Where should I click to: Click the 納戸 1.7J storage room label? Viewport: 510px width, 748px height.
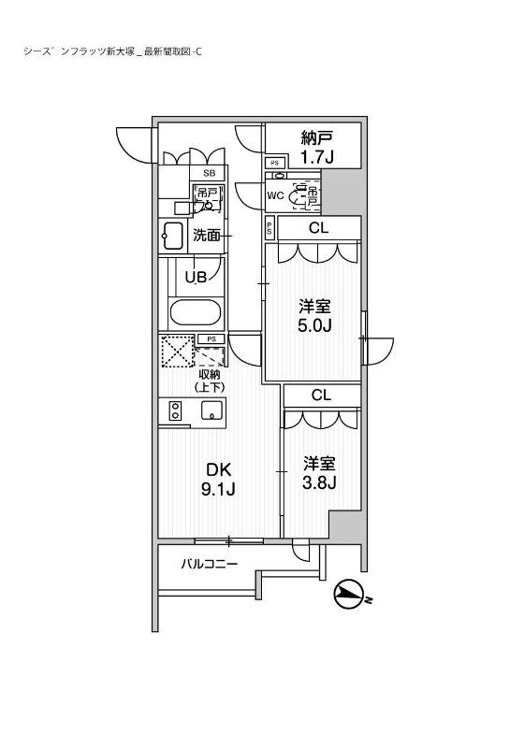point(317,147)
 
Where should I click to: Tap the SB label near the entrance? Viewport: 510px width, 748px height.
point(210,174)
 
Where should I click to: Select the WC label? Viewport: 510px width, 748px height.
point(276,195)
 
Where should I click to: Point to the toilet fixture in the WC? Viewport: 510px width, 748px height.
point(304,195)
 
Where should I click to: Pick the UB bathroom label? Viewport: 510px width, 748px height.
point(195,276)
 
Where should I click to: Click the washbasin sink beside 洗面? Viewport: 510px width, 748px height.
point(173,235)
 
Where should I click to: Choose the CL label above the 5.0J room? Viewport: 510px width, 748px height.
point(318,227)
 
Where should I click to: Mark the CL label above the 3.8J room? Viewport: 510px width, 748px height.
point(321,395)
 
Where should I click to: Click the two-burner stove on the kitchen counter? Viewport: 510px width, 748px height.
point(174,410)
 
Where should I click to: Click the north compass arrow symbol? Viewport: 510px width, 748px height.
point(350,594)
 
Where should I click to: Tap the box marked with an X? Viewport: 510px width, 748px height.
point(174,352)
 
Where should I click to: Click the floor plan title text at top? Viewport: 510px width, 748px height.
point(111,51)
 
